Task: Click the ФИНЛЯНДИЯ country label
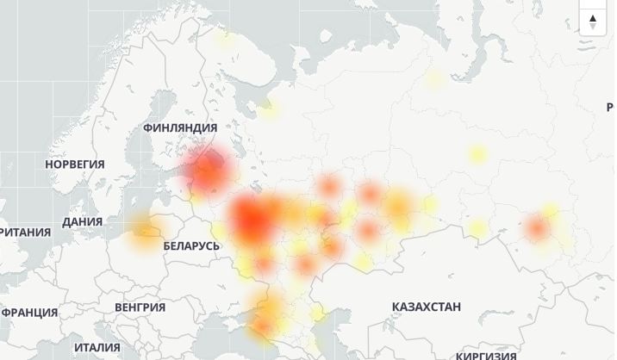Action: tap(179, 127)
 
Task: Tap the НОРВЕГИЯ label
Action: tap(75, 164)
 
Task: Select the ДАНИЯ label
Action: tap(82, 221)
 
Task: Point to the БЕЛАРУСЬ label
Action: tap(191, 245)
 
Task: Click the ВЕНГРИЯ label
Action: tap(140, 307)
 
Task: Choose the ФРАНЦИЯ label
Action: tap(30, 312)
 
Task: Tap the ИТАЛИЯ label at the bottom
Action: tap(97, 347)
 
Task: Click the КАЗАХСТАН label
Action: tap(426, 307)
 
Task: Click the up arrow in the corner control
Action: tap(593, 16)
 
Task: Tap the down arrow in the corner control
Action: tap(593, 27)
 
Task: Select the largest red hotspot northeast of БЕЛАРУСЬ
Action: tap(252, 219)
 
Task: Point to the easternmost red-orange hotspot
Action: tap(537, 228)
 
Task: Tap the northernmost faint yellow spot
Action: tap(226, 37)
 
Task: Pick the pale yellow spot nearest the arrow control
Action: tap(434, 80)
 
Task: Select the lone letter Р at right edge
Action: tap(610, 107)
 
